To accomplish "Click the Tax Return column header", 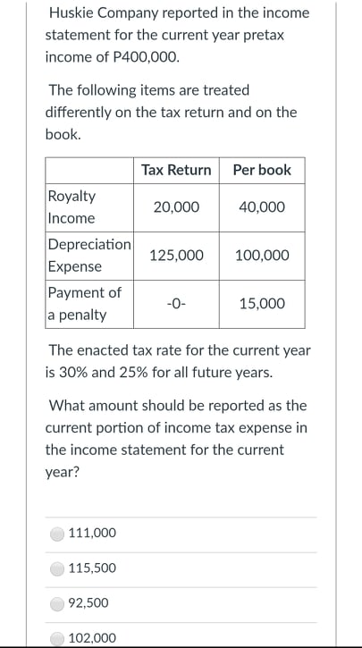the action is (x=176, y=170).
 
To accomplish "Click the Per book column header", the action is (x=262, y=170).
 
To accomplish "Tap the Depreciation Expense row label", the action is (x=88, y=255).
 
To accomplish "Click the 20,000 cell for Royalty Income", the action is (x=176, y=206).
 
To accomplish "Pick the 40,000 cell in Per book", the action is (x=262, y=206).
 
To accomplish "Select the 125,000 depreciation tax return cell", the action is (x=176, y=255).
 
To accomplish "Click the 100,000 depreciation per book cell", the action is (x=262, y=255).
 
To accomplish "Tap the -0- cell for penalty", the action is (x=176, y=303).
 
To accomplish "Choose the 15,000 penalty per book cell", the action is (x=262, y=303).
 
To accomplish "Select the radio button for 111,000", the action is (x=57, y=534).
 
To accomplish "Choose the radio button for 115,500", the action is (x=57, y=568).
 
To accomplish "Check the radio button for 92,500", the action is (x=57, y=603).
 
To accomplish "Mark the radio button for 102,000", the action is (x=57, y=637).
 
